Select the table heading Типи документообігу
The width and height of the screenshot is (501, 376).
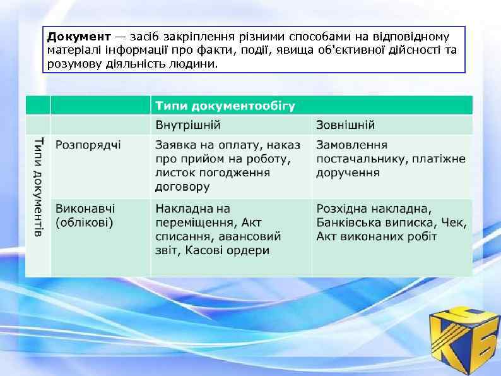click(x=225, y=105)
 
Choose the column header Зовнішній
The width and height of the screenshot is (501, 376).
click(x=345, y=124)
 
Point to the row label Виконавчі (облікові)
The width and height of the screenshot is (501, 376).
click(x=85, y=215)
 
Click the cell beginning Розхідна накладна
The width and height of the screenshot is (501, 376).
click(x=391, y=222)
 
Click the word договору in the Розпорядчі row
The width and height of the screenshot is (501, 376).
click(x=182, y=186)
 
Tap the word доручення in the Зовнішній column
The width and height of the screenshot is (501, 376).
click(x=348, y=173)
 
